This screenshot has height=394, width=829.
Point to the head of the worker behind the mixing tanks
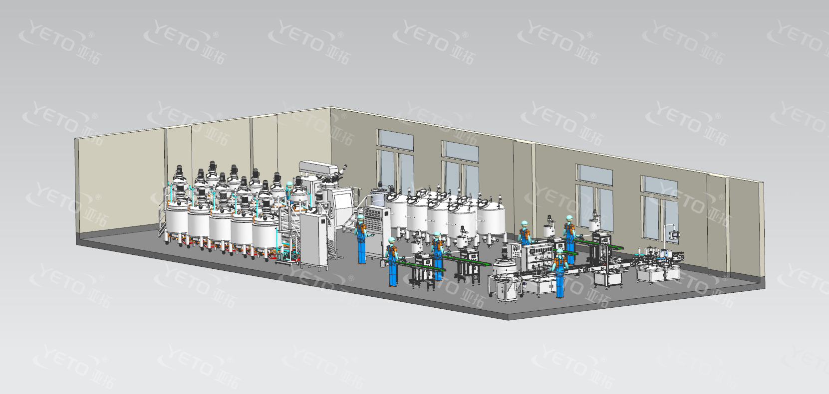tap(289, 186)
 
